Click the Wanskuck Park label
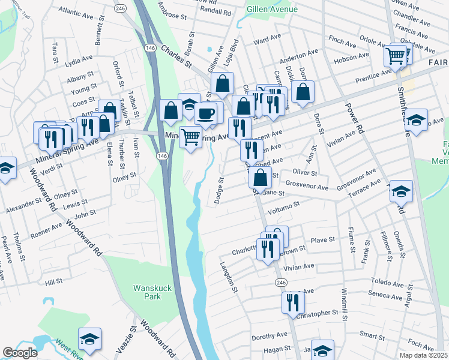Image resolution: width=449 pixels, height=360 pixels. click(152, 292)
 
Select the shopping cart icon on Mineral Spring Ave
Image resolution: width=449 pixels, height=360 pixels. click(190, 137)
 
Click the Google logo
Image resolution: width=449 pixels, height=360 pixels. click(20, 353)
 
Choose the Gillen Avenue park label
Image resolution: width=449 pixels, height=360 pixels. click(272, 9)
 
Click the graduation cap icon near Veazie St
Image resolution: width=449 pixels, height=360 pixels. click(89, 339)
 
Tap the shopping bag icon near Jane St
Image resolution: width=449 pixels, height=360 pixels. click(261, 178)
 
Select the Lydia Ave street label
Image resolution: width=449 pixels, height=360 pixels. click(79, 61)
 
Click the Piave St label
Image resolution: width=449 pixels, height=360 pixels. click(322, 240)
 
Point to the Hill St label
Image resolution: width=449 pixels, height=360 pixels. click(53, 281)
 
